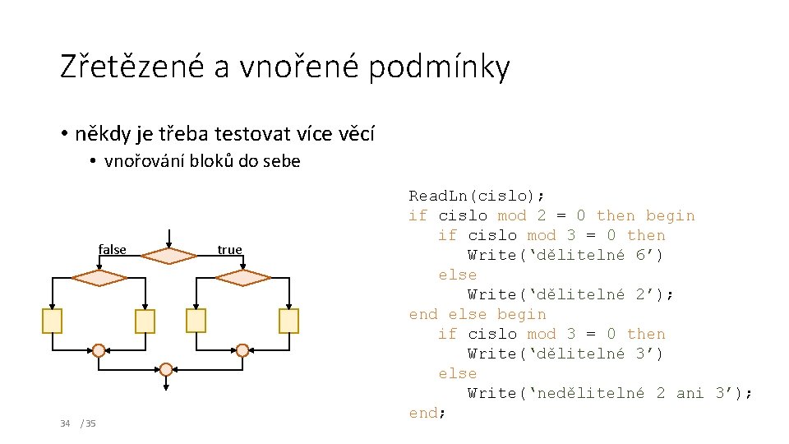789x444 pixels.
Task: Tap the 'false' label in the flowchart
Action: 113,249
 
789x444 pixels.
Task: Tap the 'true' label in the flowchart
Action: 229,249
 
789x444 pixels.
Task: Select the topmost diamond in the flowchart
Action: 168,256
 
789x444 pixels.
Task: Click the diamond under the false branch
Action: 99,278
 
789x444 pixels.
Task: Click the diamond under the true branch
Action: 242,278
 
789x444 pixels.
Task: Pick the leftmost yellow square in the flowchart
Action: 53,321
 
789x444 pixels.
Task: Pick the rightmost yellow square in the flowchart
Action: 288,321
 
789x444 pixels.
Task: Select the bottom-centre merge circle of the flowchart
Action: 167,368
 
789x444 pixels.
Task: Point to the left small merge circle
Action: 99,350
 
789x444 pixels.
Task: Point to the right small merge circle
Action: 242,350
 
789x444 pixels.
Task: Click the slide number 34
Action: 65,423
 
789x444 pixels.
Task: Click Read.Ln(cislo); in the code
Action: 477,196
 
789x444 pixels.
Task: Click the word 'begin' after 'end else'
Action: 521,314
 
